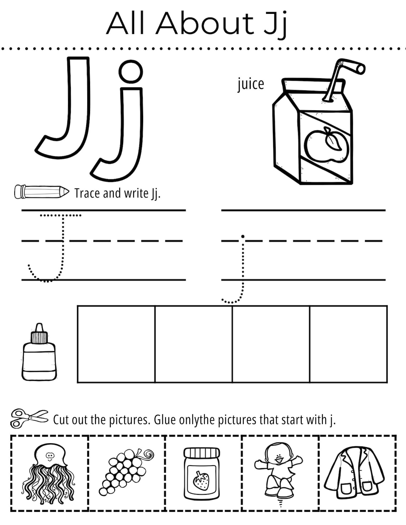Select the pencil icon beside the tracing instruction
(x=41, y=192)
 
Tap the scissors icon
(x=29, y=418)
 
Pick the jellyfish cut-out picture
(x=49, y=473)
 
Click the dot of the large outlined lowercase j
(x=131, y=71)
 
